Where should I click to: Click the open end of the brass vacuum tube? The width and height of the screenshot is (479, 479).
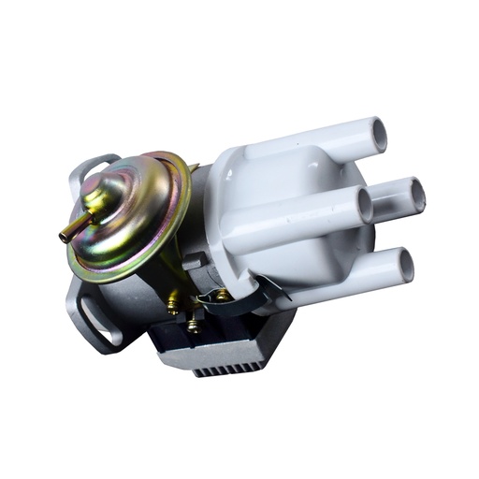tap(65, 237)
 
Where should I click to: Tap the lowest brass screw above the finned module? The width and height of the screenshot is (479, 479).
tap(194, 327)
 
